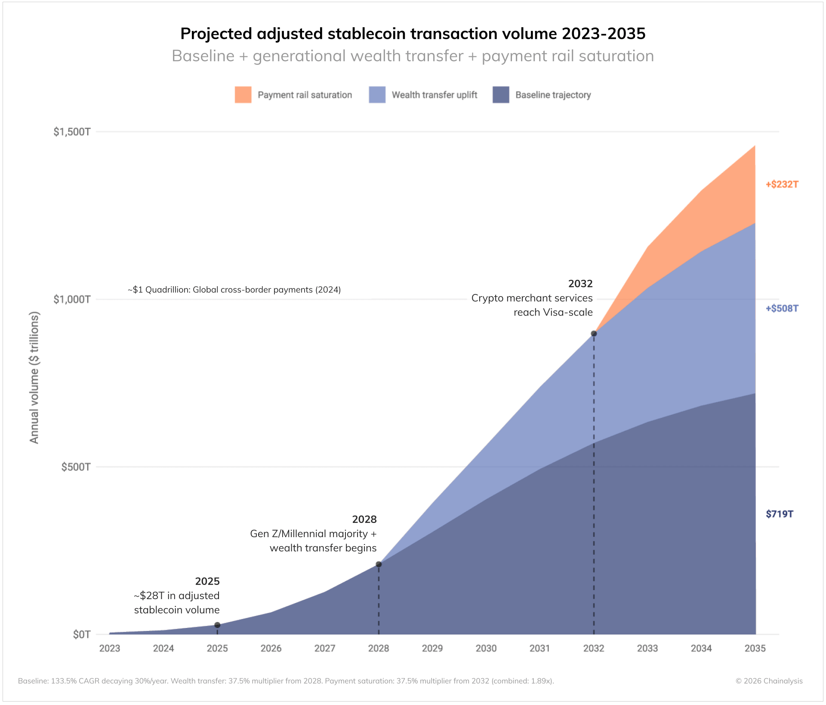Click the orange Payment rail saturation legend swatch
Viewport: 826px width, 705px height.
pos(243,95)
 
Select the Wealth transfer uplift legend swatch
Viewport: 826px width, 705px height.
pos(377,95)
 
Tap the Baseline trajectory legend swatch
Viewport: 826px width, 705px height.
pos(501,95)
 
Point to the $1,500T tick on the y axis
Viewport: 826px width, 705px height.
pos(72,132)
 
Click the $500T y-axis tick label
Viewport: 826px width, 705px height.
pos(76,467)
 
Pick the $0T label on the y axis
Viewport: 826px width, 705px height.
pos(81,634)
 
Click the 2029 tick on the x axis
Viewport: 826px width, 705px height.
pos(432,648)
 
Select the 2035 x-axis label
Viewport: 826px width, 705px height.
pos(755,648)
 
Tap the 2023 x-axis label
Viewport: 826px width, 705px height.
pos(110,648)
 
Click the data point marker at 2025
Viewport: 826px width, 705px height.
pos(217,625)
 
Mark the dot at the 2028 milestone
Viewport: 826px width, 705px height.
pos(379,564)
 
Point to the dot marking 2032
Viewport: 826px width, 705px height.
pos(594,334)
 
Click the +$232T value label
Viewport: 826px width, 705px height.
pos(782,185)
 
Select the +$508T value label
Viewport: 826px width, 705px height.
pos(782,309)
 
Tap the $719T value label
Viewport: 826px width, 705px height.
pos(779,514)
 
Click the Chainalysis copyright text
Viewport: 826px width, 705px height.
pos(769,681)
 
